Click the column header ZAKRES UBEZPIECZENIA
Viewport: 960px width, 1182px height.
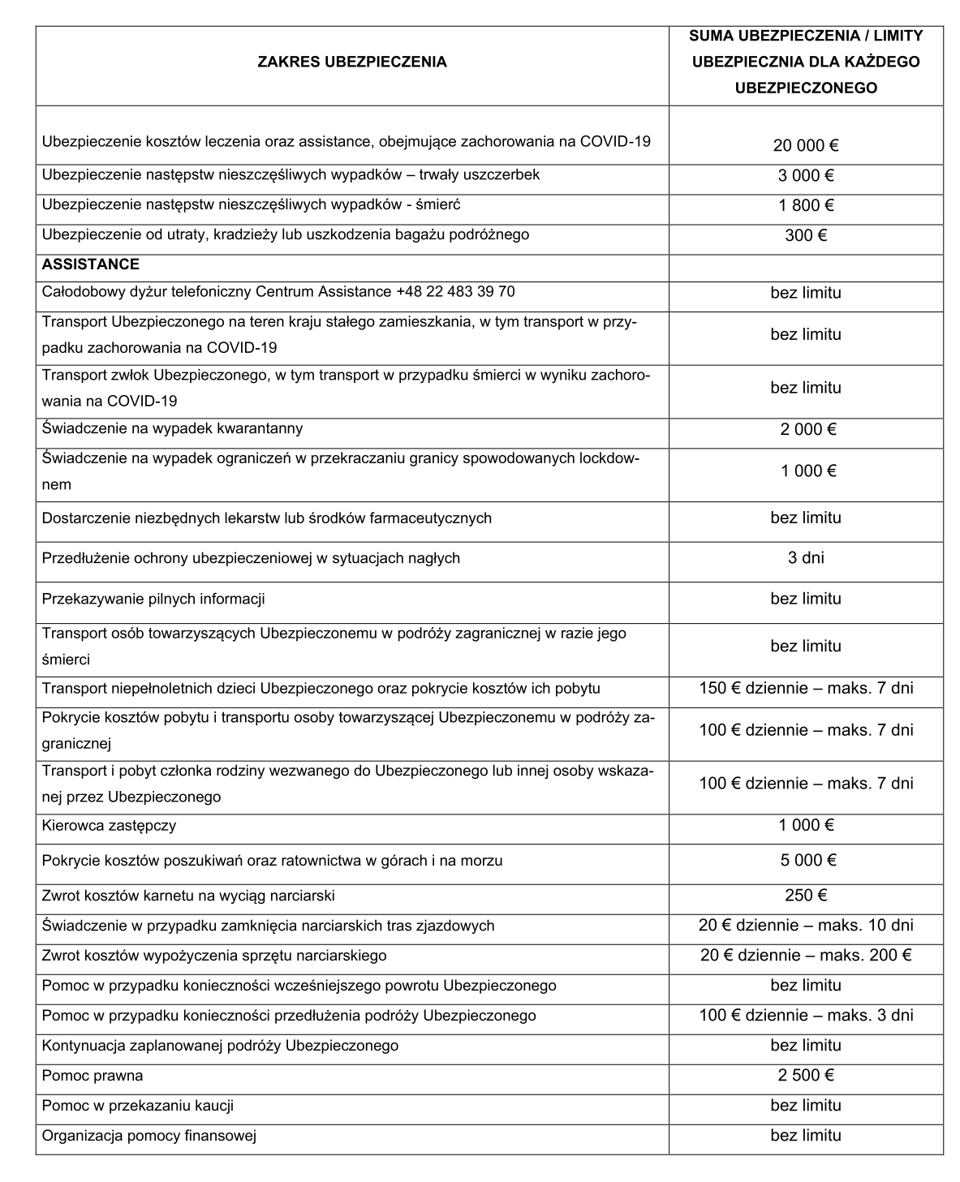click(x=351, y=62)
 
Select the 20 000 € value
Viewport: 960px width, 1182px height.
click(x=806, y=146)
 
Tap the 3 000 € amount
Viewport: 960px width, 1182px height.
click(x=806, y=175)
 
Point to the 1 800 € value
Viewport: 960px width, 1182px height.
click(x=806, y=205)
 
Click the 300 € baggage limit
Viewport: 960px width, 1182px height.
click(x=806, y=235)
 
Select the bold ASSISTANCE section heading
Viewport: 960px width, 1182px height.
click(x=91, y=264)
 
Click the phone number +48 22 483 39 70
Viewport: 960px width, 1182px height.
click(x=455, y=291)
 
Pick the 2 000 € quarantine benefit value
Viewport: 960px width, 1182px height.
click(x=806, y=429)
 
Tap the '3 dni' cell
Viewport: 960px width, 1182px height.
click(x=806, y=557)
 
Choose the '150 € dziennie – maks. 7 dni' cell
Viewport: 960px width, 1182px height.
click(x=806, y=689)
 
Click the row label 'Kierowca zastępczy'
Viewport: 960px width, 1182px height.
click(x=109, y=826)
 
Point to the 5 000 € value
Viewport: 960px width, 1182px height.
click(x=806, y=860)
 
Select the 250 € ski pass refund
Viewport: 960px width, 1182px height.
click(x=806, y=896)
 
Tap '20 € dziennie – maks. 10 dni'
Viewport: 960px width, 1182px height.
click(x=806, y=926)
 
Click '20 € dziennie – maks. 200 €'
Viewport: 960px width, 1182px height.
click(x=806, y=956)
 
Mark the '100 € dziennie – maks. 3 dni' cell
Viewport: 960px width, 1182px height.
click(x=806, y=1016)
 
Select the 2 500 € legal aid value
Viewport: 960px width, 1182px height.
click(x=806, y=1076)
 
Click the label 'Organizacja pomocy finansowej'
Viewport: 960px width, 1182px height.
click(x=149, y=1136)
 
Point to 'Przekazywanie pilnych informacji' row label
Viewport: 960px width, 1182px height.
click(x=153, y=599)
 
